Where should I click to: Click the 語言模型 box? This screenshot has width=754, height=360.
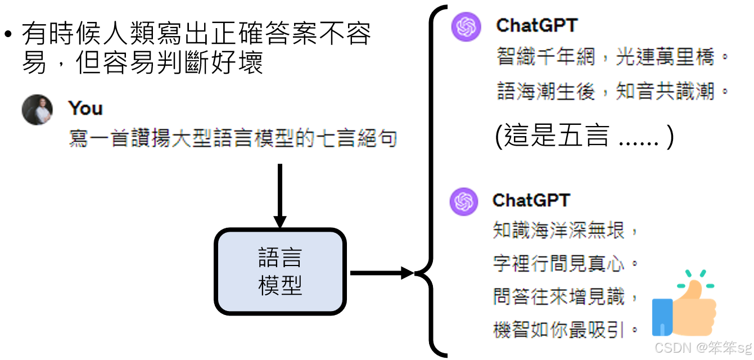(279, 271)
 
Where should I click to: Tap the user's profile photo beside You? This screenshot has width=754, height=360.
(37, 110)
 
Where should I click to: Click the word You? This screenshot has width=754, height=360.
(85, 108)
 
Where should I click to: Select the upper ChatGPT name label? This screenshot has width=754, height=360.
(536, 25)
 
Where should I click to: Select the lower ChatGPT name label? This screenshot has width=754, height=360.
(531, 200)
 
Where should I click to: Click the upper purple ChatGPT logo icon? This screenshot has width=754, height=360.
(466, 26)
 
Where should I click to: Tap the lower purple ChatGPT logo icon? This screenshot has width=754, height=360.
(463, 201)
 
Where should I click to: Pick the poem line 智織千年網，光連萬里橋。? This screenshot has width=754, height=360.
(613, 57)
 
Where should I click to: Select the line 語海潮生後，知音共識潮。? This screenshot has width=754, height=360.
(613, 91)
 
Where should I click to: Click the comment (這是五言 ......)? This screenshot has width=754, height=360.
(584, 137)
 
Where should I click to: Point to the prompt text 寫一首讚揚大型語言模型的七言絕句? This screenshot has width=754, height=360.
(233, 138)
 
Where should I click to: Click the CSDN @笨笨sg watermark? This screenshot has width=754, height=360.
(703, 347)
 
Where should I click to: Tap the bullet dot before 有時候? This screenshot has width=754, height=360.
(8, 35)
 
